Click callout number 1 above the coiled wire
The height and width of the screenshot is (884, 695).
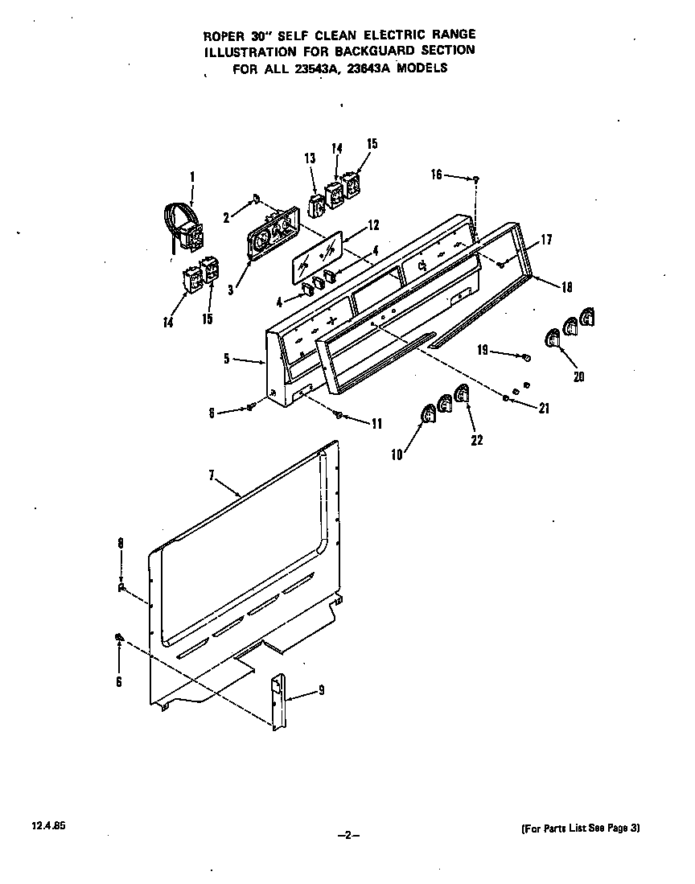coord(192,177)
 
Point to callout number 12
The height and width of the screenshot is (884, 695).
coord(373,225)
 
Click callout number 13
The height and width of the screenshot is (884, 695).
coord(310,159)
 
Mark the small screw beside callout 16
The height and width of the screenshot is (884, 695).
coord(478,179)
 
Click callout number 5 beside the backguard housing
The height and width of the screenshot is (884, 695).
coord(228,359)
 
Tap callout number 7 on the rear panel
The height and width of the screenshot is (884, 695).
coord(212,476)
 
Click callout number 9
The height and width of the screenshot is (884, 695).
coord(321,689)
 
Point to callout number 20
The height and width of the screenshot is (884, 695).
coord(578,376)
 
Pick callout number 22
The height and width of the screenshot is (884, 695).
coord(477,440)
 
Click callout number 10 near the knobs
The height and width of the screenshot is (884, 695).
coord(397,454)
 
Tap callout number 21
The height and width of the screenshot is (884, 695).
coord(544,408)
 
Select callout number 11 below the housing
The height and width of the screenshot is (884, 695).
coord(376,424)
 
